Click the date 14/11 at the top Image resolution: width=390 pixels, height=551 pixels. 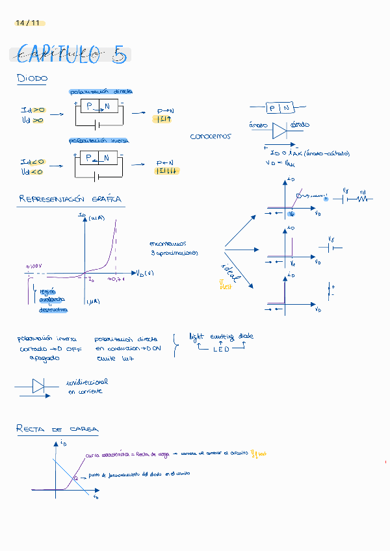(x=27, y=23)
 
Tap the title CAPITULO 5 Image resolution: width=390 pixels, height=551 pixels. (x=70, y=55)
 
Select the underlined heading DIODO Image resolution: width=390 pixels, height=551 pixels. (x=32, y=79)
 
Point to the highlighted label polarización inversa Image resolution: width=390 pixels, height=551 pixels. (x=99, y=141)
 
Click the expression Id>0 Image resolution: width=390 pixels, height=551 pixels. (x=32, y=110)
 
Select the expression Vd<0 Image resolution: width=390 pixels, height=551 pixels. (x=32, y=172)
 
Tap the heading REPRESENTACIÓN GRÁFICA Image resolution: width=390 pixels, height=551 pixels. (x=70, y=199)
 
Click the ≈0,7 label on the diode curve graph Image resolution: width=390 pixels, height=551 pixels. (x=116, y=279)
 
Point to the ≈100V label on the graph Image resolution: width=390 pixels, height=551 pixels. (x=34, y=267)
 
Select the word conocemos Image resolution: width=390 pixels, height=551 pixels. (x=210, y=136)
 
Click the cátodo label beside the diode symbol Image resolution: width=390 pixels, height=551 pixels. (x=300, y=124)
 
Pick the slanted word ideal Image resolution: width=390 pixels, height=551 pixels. (x=231, y=274)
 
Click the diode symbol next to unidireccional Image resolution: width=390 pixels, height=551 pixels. (x=38, y=387)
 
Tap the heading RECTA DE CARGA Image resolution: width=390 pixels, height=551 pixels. (x=57, y=429)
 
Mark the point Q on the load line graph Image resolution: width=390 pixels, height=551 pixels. (x=75, y=478)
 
